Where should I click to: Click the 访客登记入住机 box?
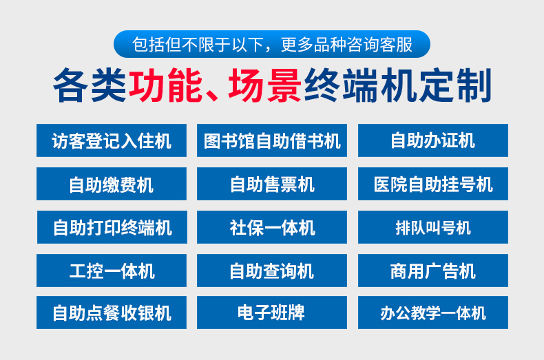pyautogui.click(x=112, y=140)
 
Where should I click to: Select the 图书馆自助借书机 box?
pyautogui.click(x=272, y=140)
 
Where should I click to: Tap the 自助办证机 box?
pyautogui.click(x=433, y=140)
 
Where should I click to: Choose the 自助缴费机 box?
pyautogui.click(x=112, y=184)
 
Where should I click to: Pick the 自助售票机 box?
pyautogui.click(x=272, y=184)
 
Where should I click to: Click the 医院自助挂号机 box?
pyautogui.click(x=433, y=184)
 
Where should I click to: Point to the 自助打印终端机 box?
pyautogui.click(x=112, y=227)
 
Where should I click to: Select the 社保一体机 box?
pyautogui.click(x=272, y=227)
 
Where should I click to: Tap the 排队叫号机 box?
pyautogui.click(x=433, y=227)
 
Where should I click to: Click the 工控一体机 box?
pyautogui.click(x=112, y=271)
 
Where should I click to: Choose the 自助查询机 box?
pyautogui.click(x=272, y=271)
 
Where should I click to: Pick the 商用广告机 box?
pyautogui.click(x=433, y=271)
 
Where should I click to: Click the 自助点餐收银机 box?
pyautogui.click(x=112, y=313)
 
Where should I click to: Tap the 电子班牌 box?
pyautogui.click(x=272, y=313)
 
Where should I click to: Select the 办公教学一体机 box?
pyautogui.click(x=433, y=313)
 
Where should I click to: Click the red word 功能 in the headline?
pyautogui.click(x=165, y=85)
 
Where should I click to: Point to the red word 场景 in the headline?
pyautogui.click(x=264, y=85)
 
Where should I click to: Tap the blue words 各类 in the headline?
pyautogui.click(x=90, y=85)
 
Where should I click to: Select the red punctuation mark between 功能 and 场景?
pyautogui.click(x=211, y=95)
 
